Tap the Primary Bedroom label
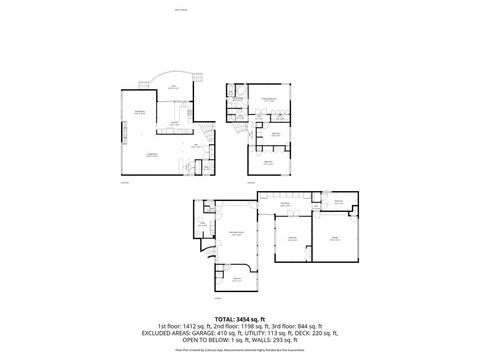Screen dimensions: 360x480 pos(269,101)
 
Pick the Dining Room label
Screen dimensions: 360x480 pos(141,111)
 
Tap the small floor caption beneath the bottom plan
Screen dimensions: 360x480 pos(217,297)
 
